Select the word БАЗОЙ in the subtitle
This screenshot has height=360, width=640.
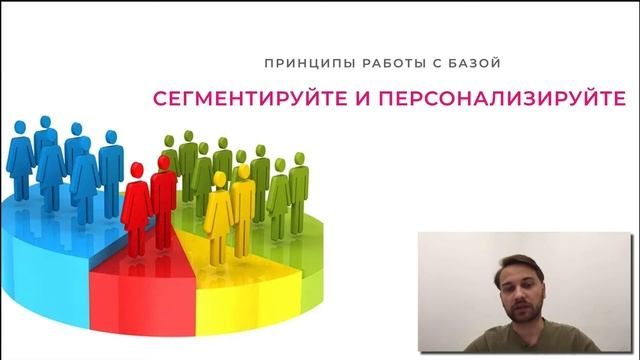469,63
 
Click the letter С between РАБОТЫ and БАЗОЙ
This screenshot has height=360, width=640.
424,63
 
